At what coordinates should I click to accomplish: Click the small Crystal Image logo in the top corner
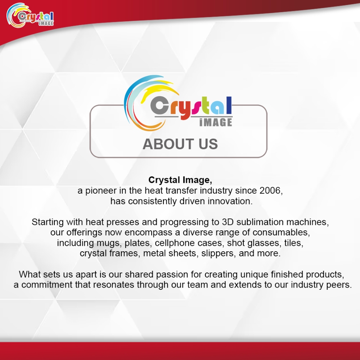coord(30,15)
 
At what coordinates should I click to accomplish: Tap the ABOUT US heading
coord(180,144)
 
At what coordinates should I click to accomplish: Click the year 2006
coord(271,190)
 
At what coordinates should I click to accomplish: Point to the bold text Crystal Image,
coord(180,180)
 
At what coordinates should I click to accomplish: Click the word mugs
coord(109,243)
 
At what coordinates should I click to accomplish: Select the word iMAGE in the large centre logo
coord(216,122)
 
